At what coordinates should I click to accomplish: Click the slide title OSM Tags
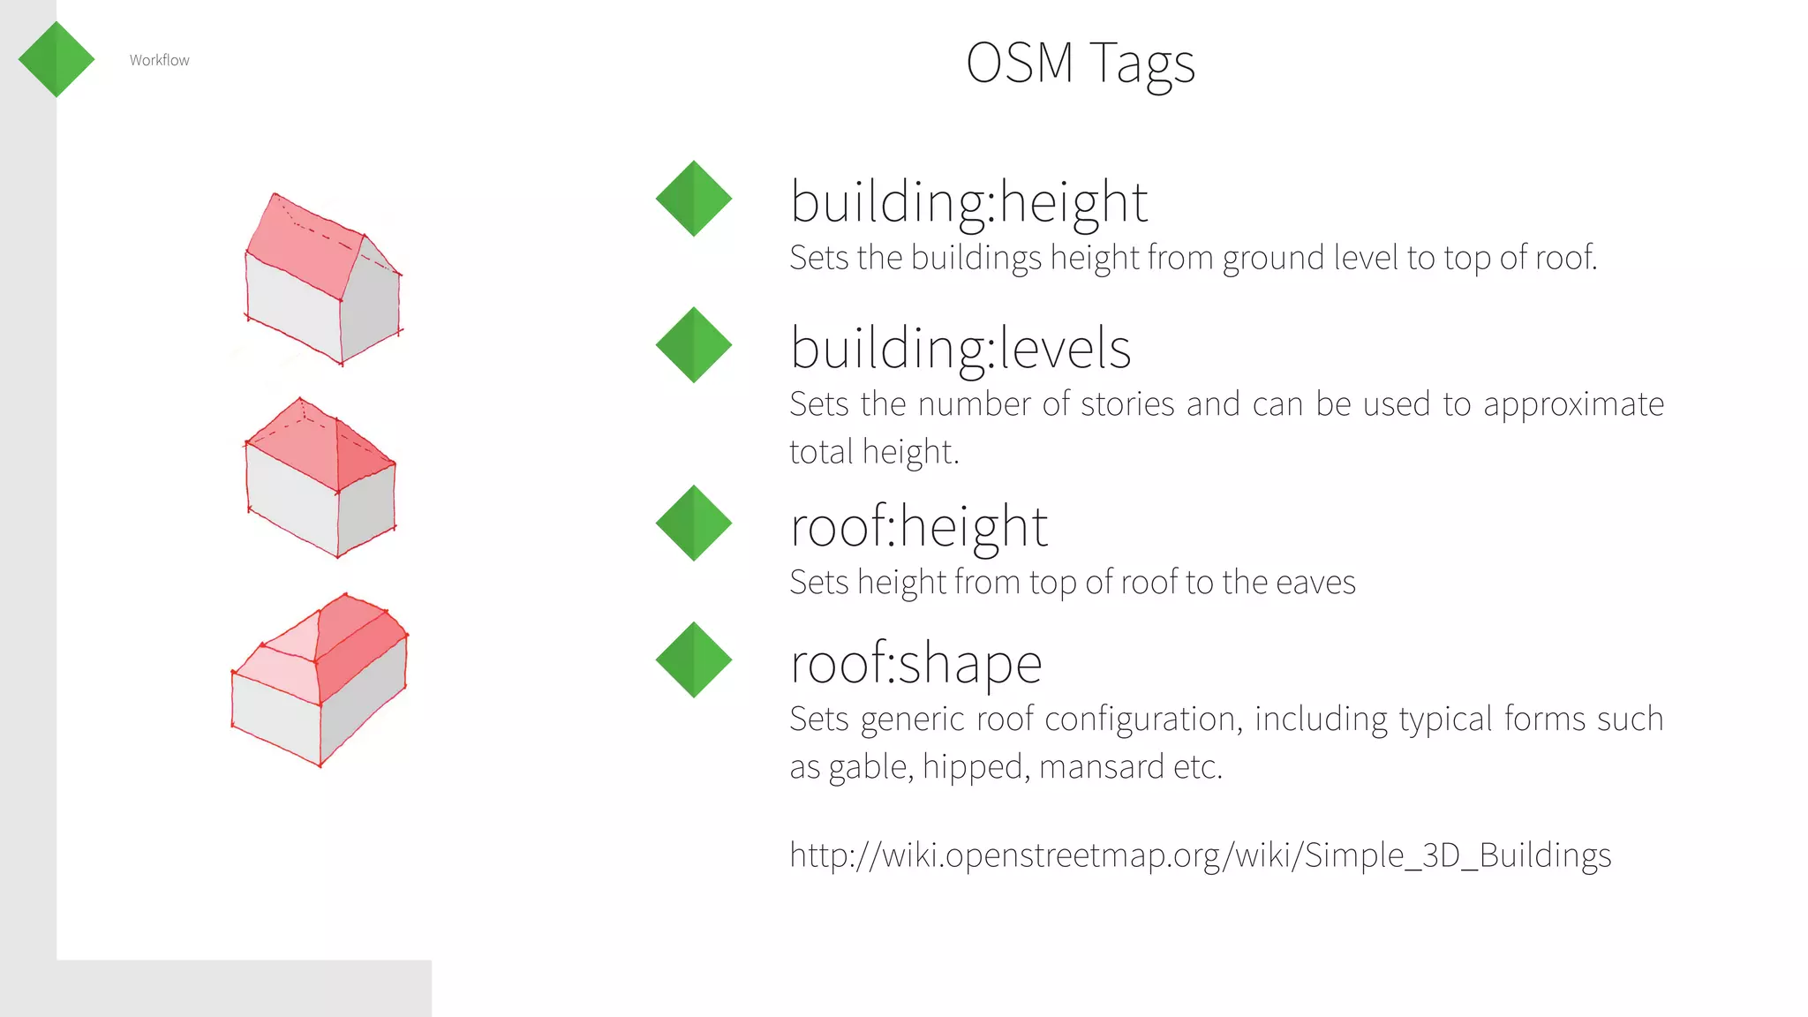[1080, 64]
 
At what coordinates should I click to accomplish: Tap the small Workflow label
[159, 60]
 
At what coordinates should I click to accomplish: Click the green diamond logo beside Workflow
[56, 59]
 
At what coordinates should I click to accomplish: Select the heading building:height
[968, 202]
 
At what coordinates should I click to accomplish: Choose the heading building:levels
[960, 349]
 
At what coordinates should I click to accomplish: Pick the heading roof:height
[918, 527]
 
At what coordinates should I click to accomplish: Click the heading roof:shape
[915, 664]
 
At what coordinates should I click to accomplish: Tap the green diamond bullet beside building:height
[694, 199]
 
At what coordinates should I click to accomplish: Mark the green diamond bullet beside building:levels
[694, 345]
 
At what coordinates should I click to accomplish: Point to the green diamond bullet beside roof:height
[694, 524]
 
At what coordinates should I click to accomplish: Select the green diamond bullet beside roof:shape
[694, 660]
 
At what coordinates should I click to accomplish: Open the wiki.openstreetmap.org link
[1200, 855]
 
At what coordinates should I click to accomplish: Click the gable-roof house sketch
[323, 279]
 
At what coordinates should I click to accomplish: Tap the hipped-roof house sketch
[320, 478]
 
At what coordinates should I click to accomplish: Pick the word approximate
[1573, 404]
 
